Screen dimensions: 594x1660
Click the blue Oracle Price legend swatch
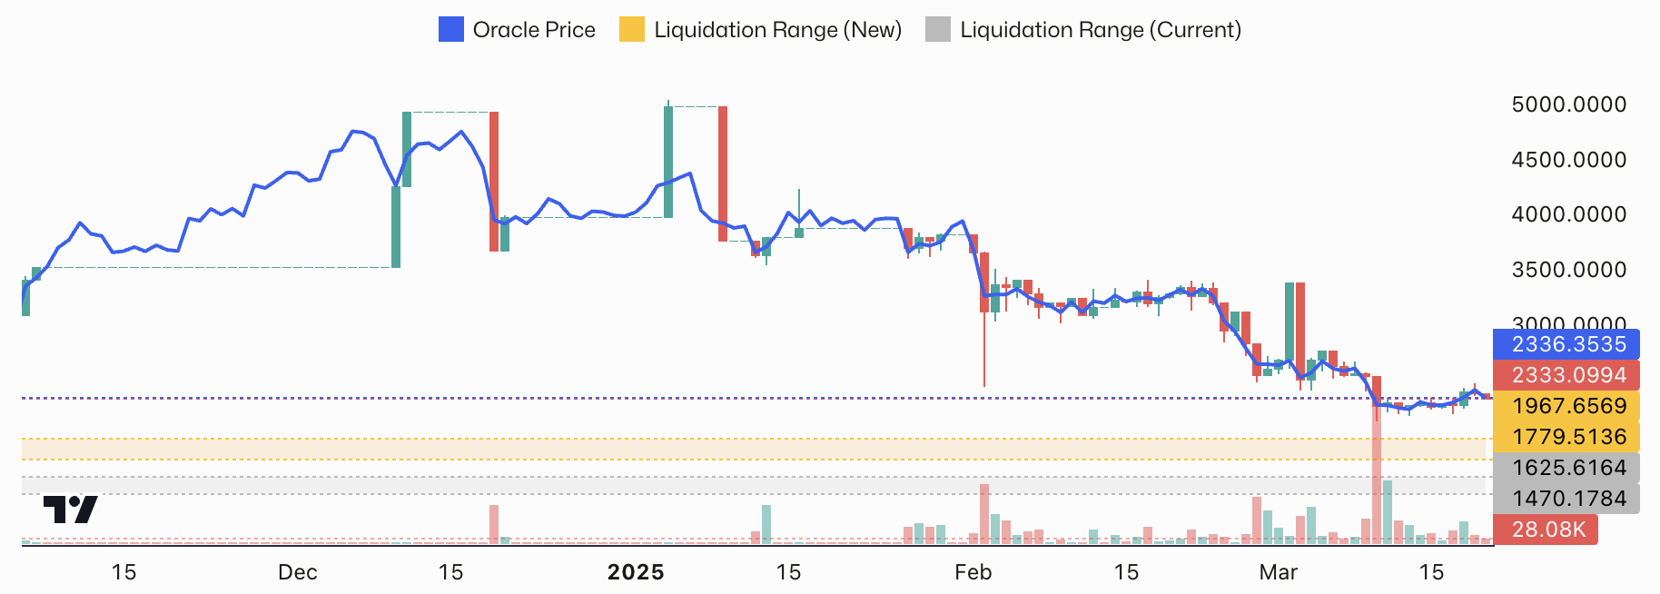tap(451, 30)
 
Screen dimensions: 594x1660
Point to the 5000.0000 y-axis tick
tap(1568, 104)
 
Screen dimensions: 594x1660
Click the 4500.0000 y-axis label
tap(1568, 160)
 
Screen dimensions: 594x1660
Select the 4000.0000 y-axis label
tap(1568, 214)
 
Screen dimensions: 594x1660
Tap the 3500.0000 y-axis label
tap(1568, 270)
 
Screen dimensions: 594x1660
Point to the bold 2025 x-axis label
tap(636, 572)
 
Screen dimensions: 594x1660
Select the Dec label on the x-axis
tap(298, 572)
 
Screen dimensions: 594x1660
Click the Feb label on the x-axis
tap(973, 572)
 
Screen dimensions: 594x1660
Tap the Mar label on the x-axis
tap(1279, 572)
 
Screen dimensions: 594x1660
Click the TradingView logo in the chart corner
tap(70, 509)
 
